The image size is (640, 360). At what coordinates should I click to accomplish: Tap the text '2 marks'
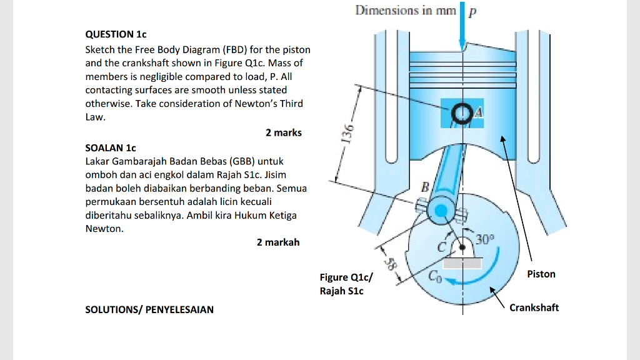pos(283,132)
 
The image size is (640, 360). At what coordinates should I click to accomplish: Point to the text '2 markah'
pos(278,242)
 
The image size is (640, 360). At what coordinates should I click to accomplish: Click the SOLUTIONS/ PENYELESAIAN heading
pos(149,309)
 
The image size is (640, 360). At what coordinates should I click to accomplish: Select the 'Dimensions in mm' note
pos(406,10)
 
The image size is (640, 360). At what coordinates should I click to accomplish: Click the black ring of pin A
pos(462,113)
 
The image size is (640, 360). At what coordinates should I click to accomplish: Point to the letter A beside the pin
pos(478,112)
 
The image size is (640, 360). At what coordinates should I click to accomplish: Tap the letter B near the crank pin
pos(426,186)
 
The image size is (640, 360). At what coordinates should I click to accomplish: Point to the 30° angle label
pos(484,239)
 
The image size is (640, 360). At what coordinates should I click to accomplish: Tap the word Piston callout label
pos(541,274)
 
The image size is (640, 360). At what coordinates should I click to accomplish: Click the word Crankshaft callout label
pos(534,307)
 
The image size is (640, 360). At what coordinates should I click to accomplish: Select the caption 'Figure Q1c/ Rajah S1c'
pos(346,284)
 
